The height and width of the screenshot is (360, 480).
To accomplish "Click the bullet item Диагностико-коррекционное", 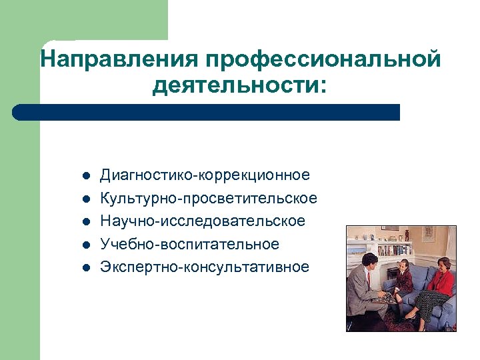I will click(x=205, y=175).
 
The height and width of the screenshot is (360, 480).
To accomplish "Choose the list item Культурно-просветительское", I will click(x=208, y=199).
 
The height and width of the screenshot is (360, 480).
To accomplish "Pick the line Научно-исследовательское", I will click(x=202, y=221).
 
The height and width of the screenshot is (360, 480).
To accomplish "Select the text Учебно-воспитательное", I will click(x=189, y=244).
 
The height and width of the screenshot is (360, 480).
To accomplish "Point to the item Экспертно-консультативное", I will click(x=205, y=267).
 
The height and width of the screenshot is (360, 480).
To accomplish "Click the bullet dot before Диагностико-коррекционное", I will click(x=86, y=177).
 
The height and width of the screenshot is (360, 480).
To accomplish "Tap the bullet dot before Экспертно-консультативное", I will click(x=86, y=268).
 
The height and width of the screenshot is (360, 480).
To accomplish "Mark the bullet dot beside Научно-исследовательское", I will click(x=86, y=222).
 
